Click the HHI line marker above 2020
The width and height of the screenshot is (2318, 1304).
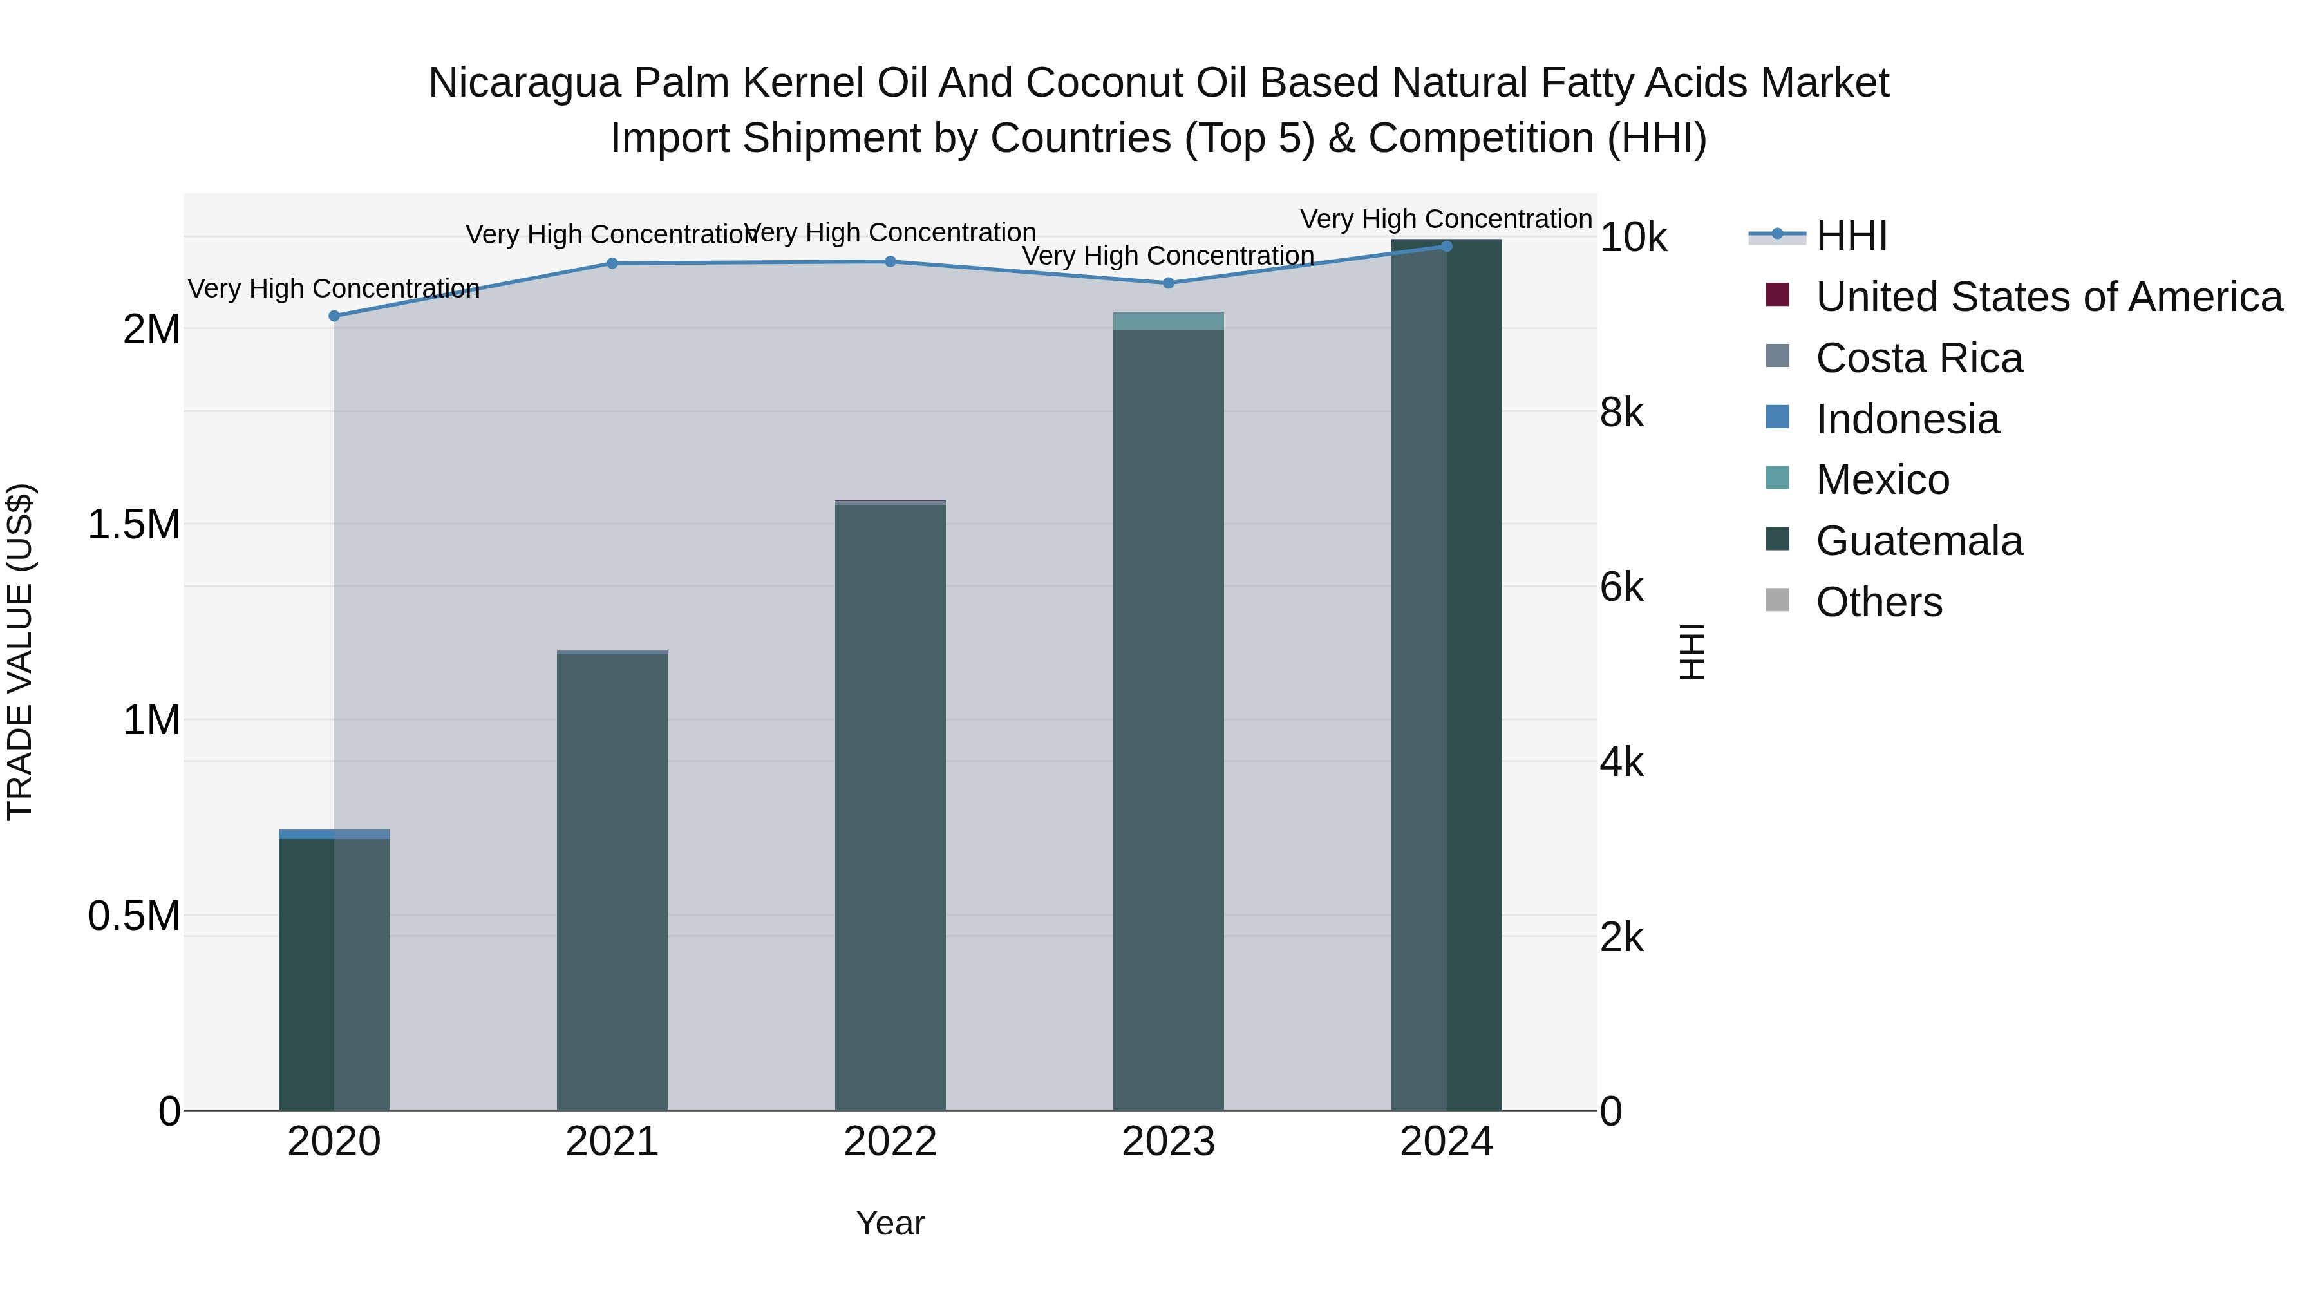[334, 316]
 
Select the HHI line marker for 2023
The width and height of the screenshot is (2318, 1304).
[1168, 283]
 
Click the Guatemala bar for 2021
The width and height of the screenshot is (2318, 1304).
[612, 882]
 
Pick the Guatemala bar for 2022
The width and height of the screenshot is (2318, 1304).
[890, 810]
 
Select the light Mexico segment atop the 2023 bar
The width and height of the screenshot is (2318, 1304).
[1168, 321]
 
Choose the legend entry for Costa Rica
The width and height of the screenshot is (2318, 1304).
[1919, 358]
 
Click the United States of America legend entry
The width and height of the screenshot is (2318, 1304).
[2048, 297]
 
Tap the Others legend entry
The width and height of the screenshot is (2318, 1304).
[1879, 602]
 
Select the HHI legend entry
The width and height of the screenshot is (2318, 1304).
[1851, 236]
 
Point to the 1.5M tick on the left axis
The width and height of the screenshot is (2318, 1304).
[134, 524]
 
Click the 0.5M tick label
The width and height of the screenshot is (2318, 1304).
[134, 916]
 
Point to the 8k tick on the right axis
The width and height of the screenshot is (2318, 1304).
[1621, 413]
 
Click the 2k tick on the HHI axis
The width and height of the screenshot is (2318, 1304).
[1621, 938]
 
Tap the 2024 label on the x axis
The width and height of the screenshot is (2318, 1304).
[1446, 1142]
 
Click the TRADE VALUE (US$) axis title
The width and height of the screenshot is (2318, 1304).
[20, 652]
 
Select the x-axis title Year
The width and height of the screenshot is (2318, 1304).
[890, 1223]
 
